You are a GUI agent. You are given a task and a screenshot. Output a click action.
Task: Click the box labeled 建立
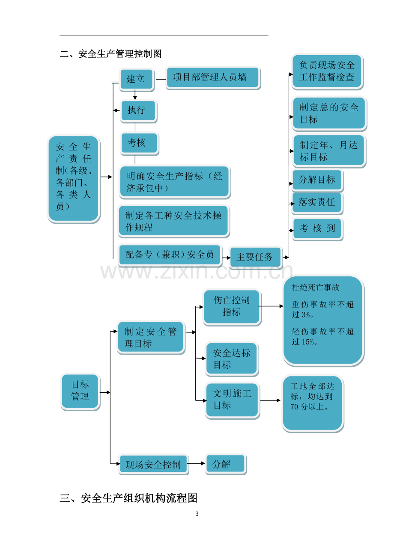pyautogui.click(x=136, y=79)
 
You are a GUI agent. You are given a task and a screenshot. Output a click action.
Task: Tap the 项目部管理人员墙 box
pyautogui.click(x=213, y=77)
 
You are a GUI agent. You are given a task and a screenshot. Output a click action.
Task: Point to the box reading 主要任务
pyautogui.click(x=256, y=258)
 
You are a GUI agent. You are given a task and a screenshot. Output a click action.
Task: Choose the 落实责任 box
pyautogui.click(x=317, y=203)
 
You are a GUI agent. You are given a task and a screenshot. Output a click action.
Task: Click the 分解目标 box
pyautogui.click(x=317, y=180)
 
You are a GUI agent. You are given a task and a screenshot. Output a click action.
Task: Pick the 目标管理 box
pyautogui.click(x=81, y=391)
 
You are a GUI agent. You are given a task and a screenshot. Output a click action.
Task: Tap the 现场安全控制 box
pyautogui.click(x=154, y=464)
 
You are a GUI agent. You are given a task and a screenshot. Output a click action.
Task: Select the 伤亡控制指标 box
pyautogui.click(x=232, y=307)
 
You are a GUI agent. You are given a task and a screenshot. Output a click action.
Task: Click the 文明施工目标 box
pyautogui.click(x=233, y=400)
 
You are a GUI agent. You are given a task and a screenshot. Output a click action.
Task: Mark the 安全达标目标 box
pyautogui.click(x=232, y=359)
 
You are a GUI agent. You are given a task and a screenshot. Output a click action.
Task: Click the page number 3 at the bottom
pyautogui.click(x=197, y=514)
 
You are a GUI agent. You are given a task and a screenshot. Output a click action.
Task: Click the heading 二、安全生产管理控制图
pyautogui.click(x=111, y=54)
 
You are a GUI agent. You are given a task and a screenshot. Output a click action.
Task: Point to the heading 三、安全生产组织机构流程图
pyautogui.click(x=128, y=498)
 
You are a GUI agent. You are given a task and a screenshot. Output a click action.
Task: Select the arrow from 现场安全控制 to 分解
pyautogui.click(x=196, y=463)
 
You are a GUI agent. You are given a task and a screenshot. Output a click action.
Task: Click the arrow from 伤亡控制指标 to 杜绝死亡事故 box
pyautogui.click(x=271, y=306)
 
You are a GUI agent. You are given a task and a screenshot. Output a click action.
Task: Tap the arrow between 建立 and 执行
pyautogui.click(x=135, y=95)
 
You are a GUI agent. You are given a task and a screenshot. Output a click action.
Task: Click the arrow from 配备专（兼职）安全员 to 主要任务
pyautogui.click(x=226, y=258)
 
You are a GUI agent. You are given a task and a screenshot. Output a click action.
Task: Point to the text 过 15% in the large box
pyautogui.click(x=304, y=342)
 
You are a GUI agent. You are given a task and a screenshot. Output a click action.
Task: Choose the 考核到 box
pyautogui.click(x=317, y=229)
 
